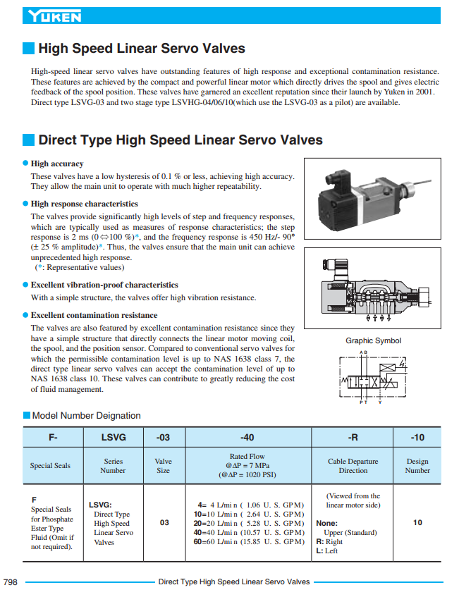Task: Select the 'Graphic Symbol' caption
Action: click(x=373, y=341)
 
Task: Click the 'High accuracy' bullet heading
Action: click(x=57, y=164)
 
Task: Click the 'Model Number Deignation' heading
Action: click(x=87, y=416)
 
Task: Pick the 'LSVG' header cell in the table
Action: click(x=113, y=437)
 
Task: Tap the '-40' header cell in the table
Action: click(x=247, y=437)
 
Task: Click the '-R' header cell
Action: click(x=353, y=437)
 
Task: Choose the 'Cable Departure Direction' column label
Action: click(x=353, y=466)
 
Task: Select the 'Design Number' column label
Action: click(x=417, y=466)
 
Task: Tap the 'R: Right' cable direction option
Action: click(x=329, y=541)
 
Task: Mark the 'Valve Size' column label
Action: click(x=163, y=466)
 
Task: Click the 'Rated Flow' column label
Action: click(x=247, y=456)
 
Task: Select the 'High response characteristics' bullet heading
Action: click(x=84, y=204)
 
